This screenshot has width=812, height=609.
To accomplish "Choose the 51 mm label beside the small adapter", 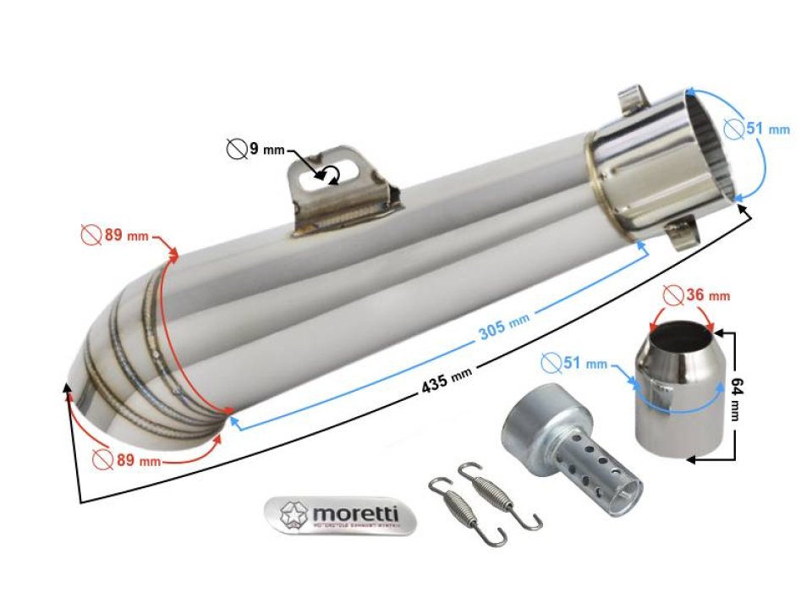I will click(x=574, y=364).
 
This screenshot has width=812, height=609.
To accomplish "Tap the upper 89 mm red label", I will click(x=114, y=234).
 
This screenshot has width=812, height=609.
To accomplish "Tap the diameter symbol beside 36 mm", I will click(x=673, y=295).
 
